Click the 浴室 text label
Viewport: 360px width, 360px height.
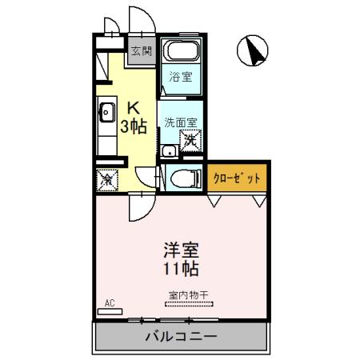180,78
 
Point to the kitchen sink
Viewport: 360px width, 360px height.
106,112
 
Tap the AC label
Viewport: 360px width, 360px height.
111,303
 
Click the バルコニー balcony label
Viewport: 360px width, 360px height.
180,336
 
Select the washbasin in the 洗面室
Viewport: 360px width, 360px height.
168,150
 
